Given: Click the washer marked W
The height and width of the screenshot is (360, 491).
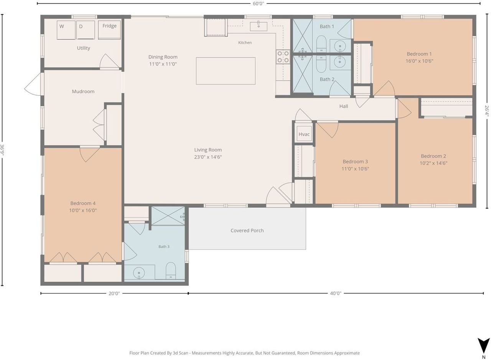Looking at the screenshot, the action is [x=66, y=30].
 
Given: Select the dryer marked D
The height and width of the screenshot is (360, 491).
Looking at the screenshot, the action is [x=86, y=30].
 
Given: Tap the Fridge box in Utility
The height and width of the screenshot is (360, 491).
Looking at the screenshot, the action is [x=109, y=30].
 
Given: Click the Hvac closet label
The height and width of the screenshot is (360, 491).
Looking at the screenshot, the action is [x=304, y=134].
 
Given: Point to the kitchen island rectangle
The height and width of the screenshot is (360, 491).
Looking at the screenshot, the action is [x=226, y=71].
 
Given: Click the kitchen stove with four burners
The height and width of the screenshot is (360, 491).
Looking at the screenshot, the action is [x=283, y=57].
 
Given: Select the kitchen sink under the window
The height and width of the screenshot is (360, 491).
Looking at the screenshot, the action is [x=259, y=26].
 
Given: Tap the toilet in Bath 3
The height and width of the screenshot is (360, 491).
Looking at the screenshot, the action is [x=171, y=271].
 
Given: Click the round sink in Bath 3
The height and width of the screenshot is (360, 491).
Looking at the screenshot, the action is [x=139, y=273].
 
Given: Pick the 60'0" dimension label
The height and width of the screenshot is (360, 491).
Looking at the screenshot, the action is [x=259, y=4].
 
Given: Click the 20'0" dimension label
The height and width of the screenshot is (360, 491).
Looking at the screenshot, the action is [x=114, y=294].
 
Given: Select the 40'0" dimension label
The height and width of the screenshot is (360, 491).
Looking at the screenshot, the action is [x=336, y=293].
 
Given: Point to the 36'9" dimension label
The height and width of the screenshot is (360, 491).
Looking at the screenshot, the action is [x=2, y=150].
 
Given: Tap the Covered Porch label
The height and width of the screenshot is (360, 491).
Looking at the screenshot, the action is [x=247, y=230].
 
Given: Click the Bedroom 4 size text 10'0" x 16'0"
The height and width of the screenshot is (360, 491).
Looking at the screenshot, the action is [x=83, y=210].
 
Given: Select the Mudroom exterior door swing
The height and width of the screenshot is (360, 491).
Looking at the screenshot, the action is [x=33, y=84].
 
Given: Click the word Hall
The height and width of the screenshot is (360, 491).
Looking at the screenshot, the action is [x=343, y=106].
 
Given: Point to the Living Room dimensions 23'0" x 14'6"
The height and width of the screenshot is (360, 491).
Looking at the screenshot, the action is [x=208, y=157].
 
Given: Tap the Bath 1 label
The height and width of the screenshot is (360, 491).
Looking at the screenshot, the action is [x=327, y=26].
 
